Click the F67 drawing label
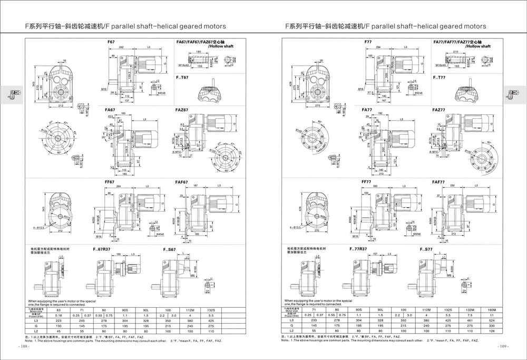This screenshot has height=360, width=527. point(111,42)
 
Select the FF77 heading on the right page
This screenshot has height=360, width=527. point(367,182)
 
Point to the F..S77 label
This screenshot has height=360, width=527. point(426,249)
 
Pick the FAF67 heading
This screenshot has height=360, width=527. point(182,182)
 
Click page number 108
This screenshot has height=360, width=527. point(25,347)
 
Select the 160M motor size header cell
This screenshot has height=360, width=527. point(491,310)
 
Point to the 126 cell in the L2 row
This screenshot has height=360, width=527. point(491,331)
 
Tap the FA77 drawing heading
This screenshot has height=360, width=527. point(367,110)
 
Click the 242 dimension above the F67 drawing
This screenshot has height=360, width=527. point(121,47)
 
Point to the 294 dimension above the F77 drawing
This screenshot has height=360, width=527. point(378,47)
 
